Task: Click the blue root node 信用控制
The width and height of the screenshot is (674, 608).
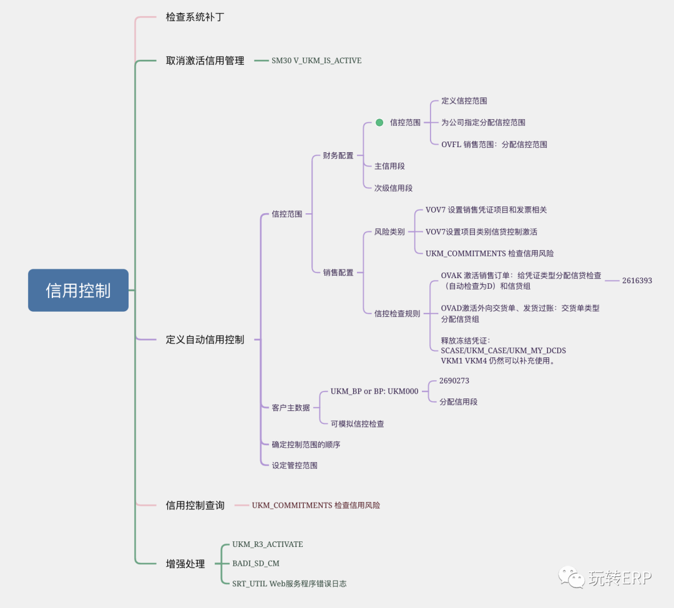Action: pyautogui.click(x=78, y=290)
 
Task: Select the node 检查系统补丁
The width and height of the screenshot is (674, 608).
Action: pyautogui.click(x=195, y=17)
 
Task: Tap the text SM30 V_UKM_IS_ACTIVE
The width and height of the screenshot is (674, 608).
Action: pyautogui.click(x=316, y=60)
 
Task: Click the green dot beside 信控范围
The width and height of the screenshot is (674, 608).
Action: pyautogui.click(x=379, y=122)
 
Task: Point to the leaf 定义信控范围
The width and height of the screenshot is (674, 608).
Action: pyautogui.click(x=464, y=100)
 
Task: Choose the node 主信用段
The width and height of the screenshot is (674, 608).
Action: pyautogui.click(x=389, y=166)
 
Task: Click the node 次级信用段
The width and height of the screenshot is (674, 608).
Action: pyautogui.click(x=393, y=188)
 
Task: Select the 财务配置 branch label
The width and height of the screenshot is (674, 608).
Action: pyautogui.click(x=338, y=155)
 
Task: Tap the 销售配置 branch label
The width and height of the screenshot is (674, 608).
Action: pyautogui.click(x=338, y=272)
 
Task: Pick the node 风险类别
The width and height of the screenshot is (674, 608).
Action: pyautogui.click(x=389, y=231)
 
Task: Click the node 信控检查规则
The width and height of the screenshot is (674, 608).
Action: pyautogui.click(x=397, y=313)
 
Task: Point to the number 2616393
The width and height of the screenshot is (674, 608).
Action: pyautogui.click(x=637, y=281)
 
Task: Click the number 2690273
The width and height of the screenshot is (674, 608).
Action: pyautogui.click(x=454, y=380)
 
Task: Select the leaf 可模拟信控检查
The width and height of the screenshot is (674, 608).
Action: pyautogui.click(x=357, y=423)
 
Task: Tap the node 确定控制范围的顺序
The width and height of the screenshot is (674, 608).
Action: pyautogui.click(x=306, y=445)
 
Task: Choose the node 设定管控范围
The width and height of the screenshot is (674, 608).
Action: pyautogui.click(x=295, y=465)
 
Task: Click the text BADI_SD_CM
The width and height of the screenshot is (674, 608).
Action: pyautogui.click(x=256, y=564)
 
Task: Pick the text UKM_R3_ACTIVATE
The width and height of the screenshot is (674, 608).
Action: pyautogui.click(x=267, y=544)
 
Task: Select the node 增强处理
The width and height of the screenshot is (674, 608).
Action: pyautogui.click(x=185, y=564)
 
